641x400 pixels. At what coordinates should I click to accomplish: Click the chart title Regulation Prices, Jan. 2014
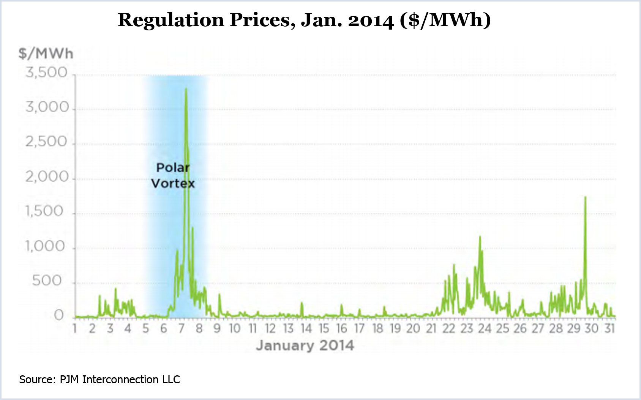tap(304, 20)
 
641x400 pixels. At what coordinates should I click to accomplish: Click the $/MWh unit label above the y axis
tap(46, 54)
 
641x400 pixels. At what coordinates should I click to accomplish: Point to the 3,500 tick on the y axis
tap(46, 72)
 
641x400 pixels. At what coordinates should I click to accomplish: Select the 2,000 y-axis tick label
tap(46, 177)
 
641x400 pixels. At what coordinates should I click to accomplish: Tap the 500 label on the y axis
tap(47, 281)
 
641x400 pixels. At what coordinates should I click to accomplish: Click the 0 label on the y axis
tap(58, 315)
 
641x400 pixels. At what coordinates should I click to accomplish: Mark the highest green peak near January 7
tap(186, 89)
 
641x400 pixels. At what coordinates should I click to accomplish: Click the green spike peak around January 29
tap(585, 197)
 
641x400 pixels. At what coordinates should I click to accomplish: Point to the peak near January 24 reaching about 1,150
tap(480, 237)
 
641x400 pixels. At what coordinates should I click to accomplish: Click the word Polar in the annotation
tap(173, 167)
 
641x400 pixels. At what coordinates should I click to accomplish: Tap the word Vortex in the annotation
tap(173, 184)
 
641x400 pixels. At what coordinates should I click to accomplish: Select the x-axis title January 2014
tap(305, 346)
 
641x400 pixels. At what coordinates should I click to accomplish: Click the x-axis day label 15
tap(324, 329)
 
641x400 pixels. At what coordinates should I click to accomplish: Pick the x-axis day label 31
tap(609, 329)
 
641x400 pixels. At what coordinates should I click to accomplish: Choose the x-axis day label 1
tap(75, 329)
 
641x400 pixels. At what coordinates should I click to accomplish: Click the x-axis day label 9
tap(217, 329)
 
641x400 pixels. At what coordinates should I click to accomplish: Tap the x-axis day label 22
tap(448, 329)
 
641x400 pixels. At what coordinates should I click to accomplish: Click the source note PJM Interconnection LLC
tap(99, 380)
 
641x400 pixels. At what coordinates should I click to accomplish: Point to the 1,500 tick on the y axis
tap(44, 212)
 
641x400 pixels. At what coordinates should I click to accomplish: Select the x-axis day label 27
tap(538, 329)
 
